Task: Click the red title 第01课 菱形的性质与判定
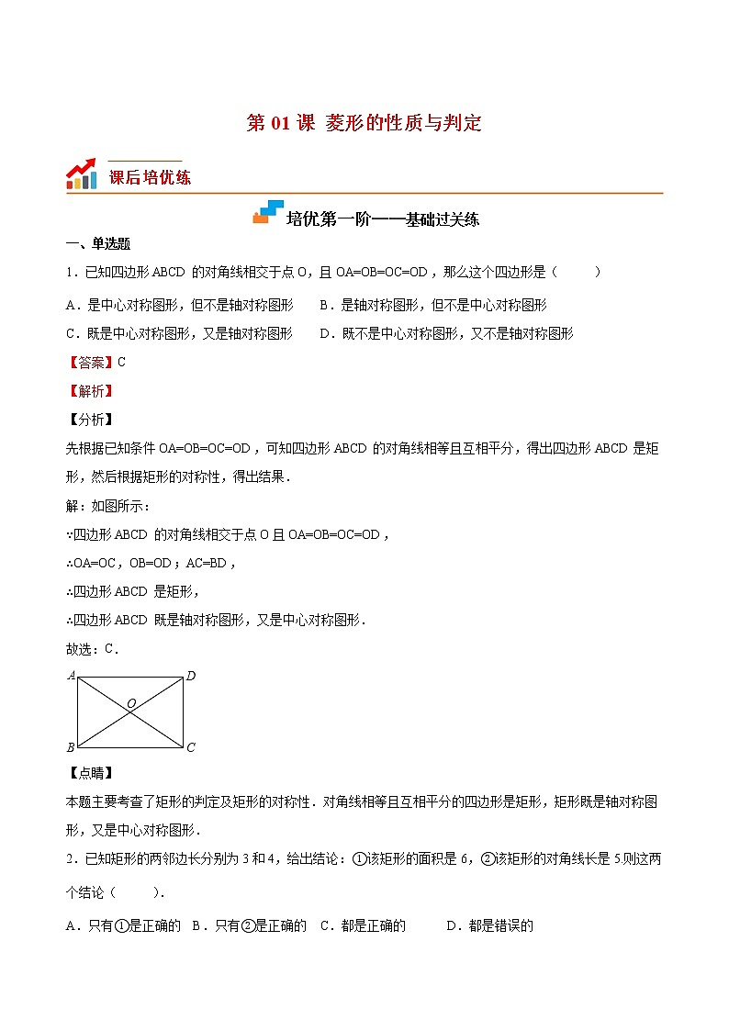pos(364,123)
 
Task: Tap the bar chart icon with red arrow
pos(82,174)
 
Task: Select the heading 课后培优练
pos(150,177)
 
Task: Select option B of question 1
pos(432,305)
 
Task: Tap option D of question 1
pos(446,333)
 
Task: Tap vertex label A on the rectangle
pos(71,676)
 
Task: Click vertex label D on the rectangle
pos(191,676)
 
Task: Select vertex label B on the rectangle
pos(71,747)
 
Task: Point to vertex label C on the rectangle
pos(191,747)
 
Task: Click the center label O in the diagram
pos(131,703)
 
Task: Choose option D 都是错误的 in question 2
pos(489,925)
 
